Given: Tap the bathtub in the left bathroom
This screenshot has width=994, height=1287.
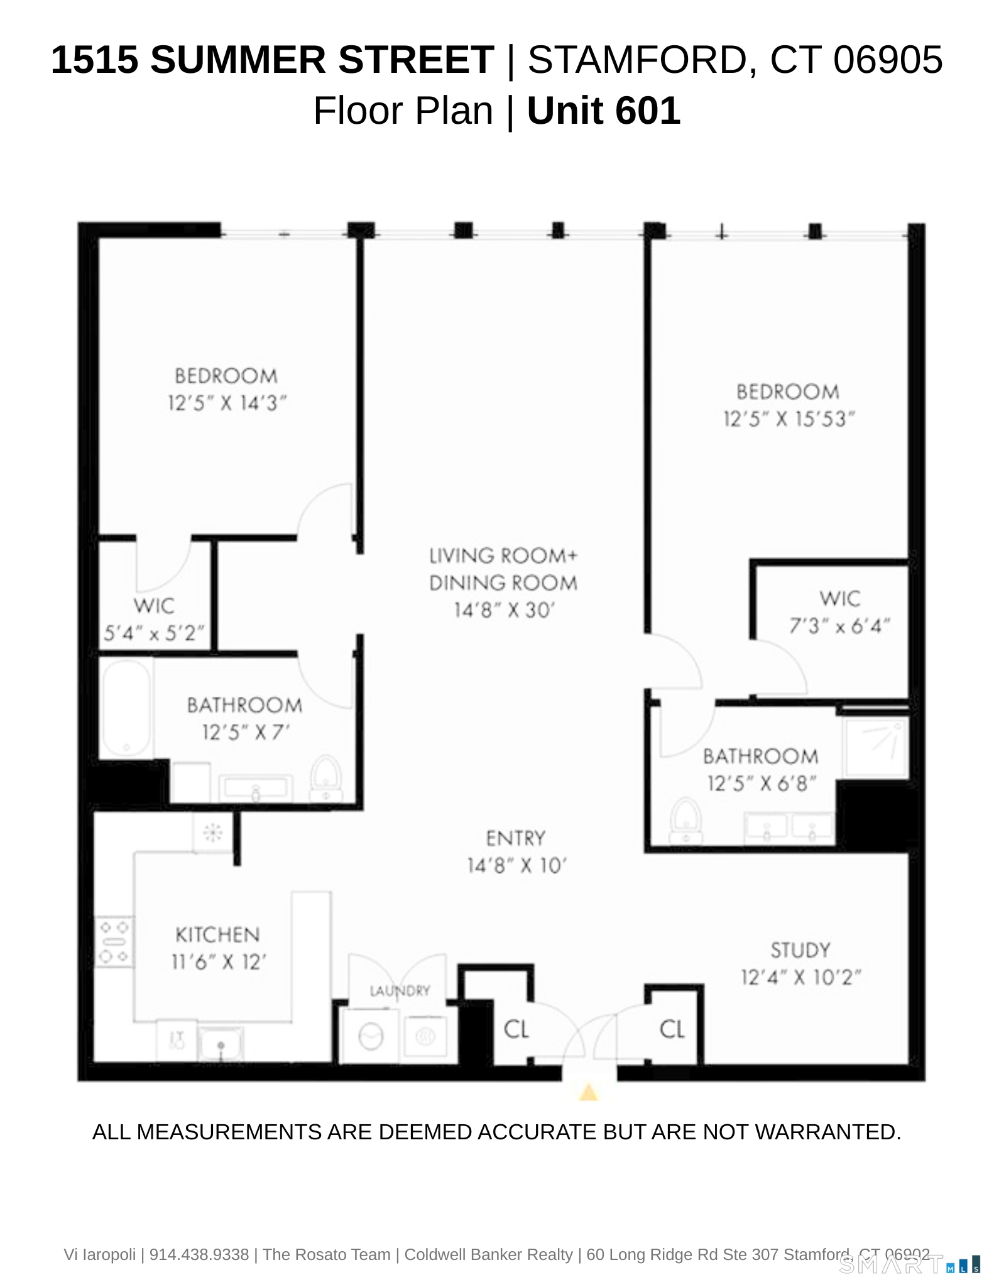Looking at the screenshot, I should pos(126,708).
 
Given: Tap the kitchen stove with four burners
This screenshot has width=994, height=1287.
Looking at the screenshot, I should pos(114,941).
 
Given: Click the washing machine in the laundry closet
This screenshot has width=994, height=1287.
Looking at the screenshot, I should pos(371,1036).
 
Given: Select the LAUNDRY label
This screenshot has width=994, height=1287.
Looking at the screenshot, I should pos(400,991).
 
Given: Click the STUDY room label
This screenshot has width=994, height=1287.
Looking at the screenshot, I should pos(800,950).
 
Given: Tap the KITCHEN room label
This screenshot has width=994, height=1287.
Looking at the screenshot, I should pos(217,934).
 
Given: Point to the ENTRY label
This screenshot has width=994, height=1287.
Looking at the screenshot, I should pos(515,838).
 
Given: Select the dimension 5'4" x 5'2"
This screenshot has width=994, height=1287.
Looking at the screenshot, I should pos(154,633).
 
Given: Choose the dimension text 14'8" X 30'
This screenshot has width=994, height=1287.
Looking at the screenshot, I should pos(503,610).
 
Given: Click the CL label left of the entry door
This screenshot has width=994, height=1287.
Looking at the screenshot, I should pos(516,1029).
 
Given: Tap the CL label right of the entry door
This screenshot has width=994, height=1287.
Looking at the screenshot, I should pos(672,1029).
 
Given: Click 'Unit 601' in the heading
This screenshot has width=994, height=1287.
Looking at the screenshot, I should pos(603,111).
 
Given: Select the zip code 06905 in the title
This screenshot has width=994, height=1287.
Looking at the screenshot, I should pos(888,60).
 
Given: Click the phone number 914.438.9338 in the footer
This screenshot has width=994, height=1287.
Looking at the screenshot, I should pos(199,1255).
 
